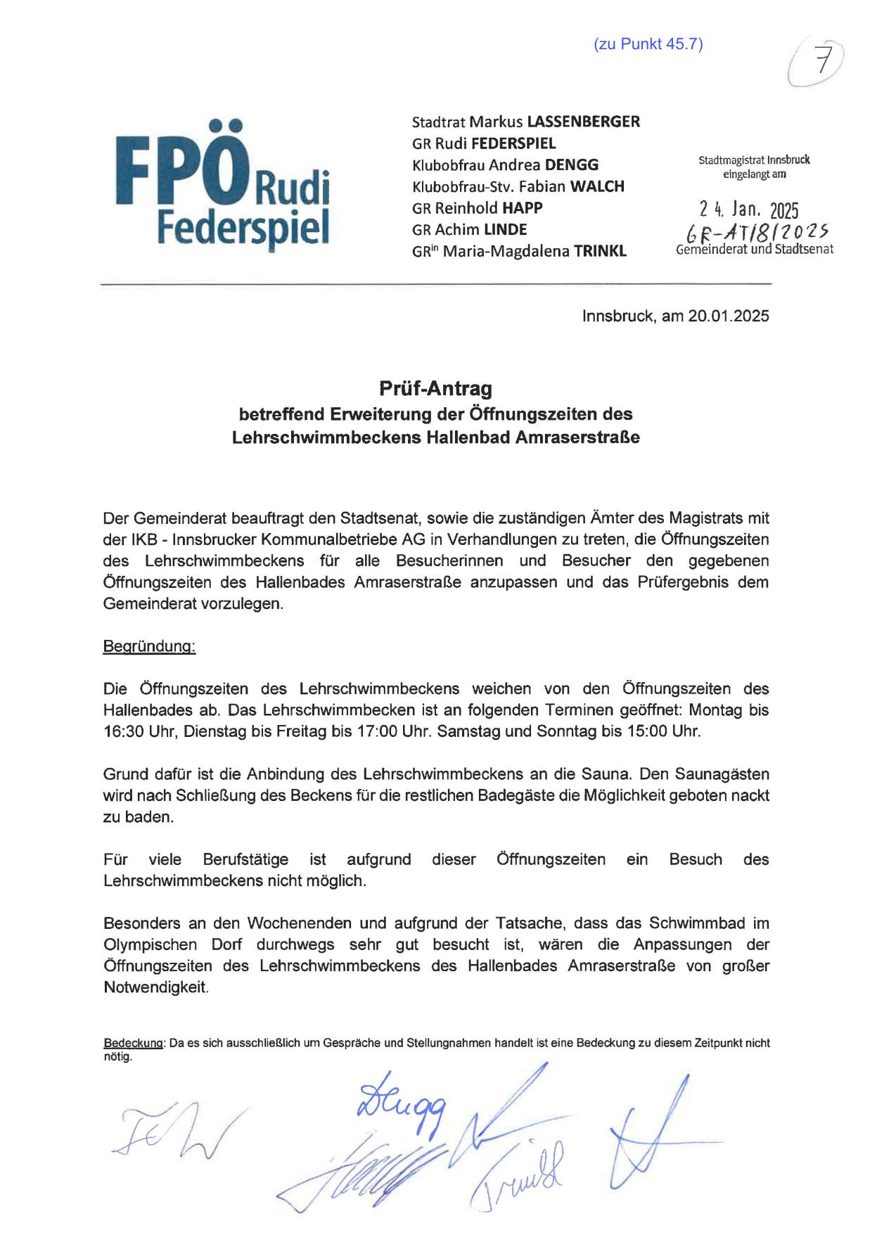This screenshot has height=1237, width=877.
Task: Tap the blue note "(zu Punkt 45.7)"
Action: click(x=648, y=44)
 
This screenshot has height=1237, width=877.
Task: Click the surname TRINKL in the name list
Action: click(x=600, y=251)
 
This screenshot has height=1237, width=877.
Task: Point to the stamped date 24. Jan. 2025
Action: click(x=749, y=210)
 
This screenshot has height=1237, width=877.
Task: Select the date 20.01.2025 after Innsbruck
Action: click(x=729, y=316)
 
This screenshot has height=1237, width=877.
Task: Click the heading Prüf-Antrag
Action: click(x=436, y=388)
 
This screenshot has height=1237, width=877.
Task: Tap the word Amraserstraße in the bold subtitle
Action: click(x=577, y=437)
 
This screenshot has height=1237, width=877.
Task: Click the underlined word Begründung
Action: click(x=149, y=646)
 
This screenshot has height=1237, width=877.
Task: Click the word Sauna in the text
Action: click(x=603, y=774)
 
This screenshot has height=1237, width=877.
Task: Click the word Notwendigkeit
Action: click(x=155, y=987)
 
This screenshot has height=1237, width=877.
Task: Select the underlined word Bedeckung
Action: click(x=134, y=1043)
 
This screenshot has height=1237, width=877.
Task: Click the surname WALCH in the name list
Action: click(x=596, y=186)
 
